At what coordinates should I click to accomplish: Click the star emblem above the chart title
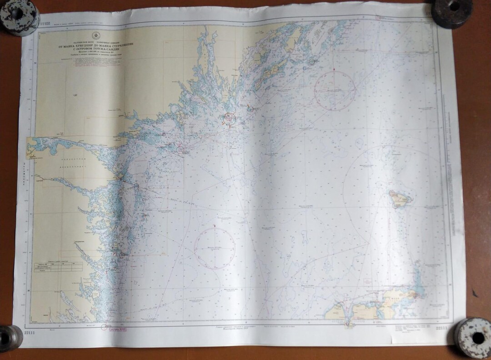96,35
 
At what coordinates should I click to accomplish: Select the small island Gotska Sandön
400,199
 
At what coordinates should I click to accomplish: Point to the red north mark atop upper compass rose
335,69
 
